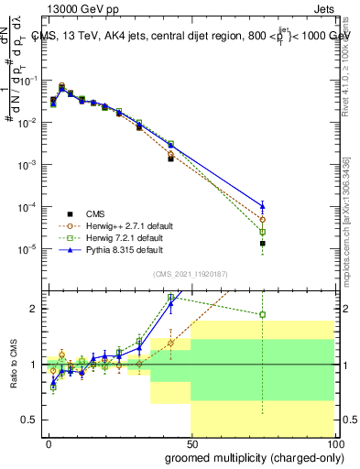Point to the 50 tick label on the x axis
(x=191, y=443)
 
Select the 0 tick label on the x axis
(x=49, y=443)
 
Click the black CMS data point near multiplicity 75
(x=262, y=244)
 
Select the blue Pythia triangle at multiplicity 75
(x=262, y=205)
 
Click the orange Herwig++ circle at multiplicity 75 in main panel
(x=262, y=220)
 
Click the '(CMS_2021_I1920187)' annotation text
(x=191, y=274)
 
